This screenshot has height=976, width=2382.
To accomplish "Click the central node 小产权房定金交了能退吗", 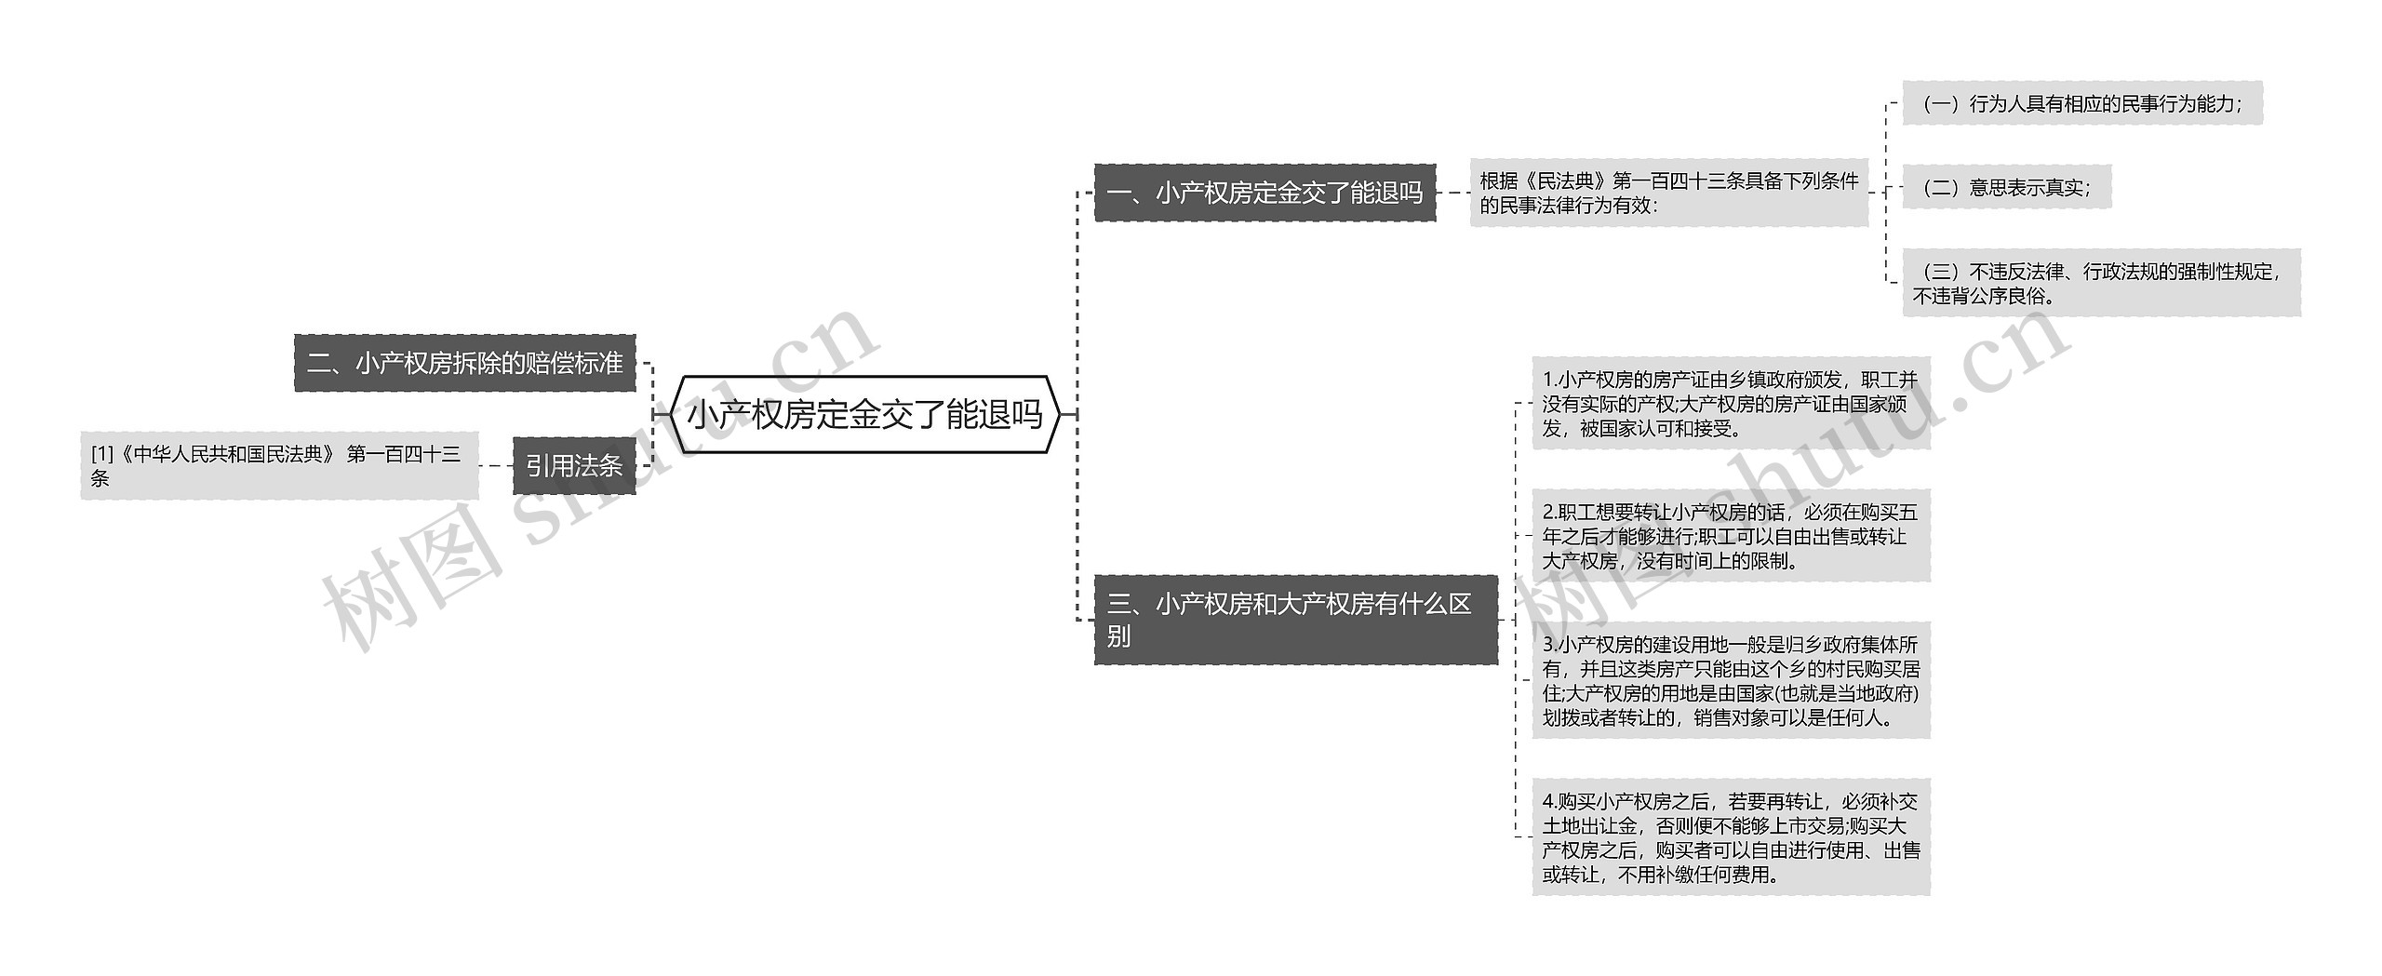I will point(865,415).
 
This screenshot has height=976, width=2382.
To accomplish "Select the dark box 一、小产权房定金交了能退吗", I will point(1265,193).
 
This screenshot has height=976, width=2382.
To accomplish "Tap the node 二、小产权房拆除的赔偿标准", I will point(465,363).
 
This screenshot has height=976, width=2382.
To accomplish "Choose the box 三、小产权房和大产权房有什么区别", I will point(1295,620).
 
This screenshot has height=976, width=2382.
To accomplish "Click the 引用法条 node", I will point(574,465).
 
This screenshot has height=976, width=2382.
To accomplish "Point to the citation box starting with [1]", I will point(279,465).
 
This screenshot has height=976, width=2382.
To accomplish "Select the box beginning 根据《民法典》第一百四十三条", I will point(1669,193).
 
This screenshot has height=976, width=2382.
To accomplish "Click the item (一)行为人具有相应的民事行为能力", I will point(2081,103).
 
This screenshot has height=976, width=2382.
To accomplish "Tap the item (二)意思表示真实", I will point(2006,187).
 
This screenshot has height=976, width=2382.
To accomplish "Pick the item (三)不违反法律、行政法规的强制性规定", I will point(2101,283).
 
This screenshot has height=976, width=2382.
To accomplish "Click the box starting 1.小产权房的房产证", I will point(1731,404).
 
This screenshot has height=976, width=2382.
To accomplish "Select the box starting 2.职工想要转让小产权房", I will point(1731,536).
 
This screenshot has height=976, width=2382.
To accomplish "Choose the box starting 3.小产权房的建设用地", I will point(1731,680).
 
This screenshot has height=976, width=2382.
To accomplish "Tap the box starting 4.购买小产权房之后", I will point(1731,837).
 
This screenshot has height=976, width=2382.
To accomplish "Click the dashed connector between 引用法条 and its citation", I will point(496,465).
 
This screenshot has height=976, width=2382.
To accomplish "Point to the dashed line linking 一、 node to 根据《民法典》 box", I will point(1452,193).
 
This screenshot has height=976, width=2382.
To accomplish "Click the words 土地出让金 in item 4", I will point(1590,826).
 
